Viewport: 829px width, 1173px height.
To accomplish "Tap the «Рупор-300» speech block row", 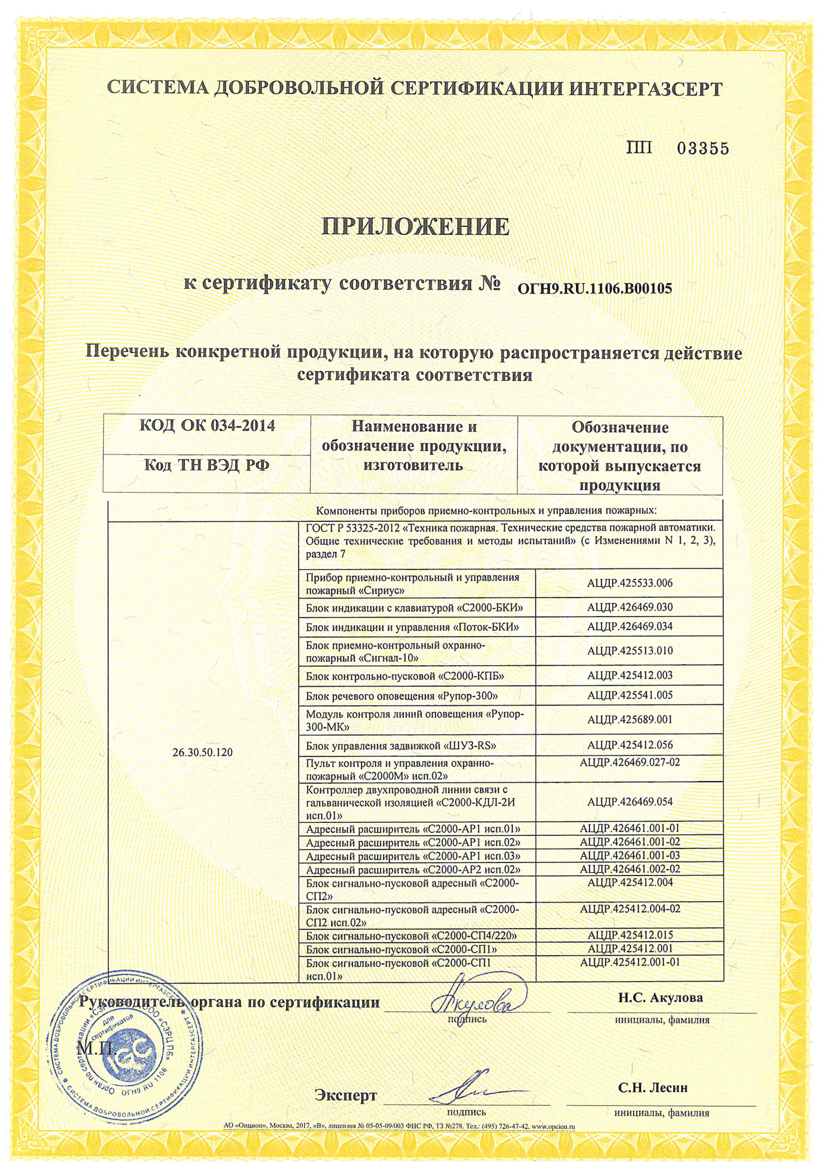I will (401, 695).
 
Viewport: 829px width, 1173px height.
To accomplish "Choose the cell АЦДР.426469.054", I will (630, 802).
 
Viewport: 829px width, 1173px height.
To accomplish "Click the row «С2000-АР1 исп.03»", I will (412, 855).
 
